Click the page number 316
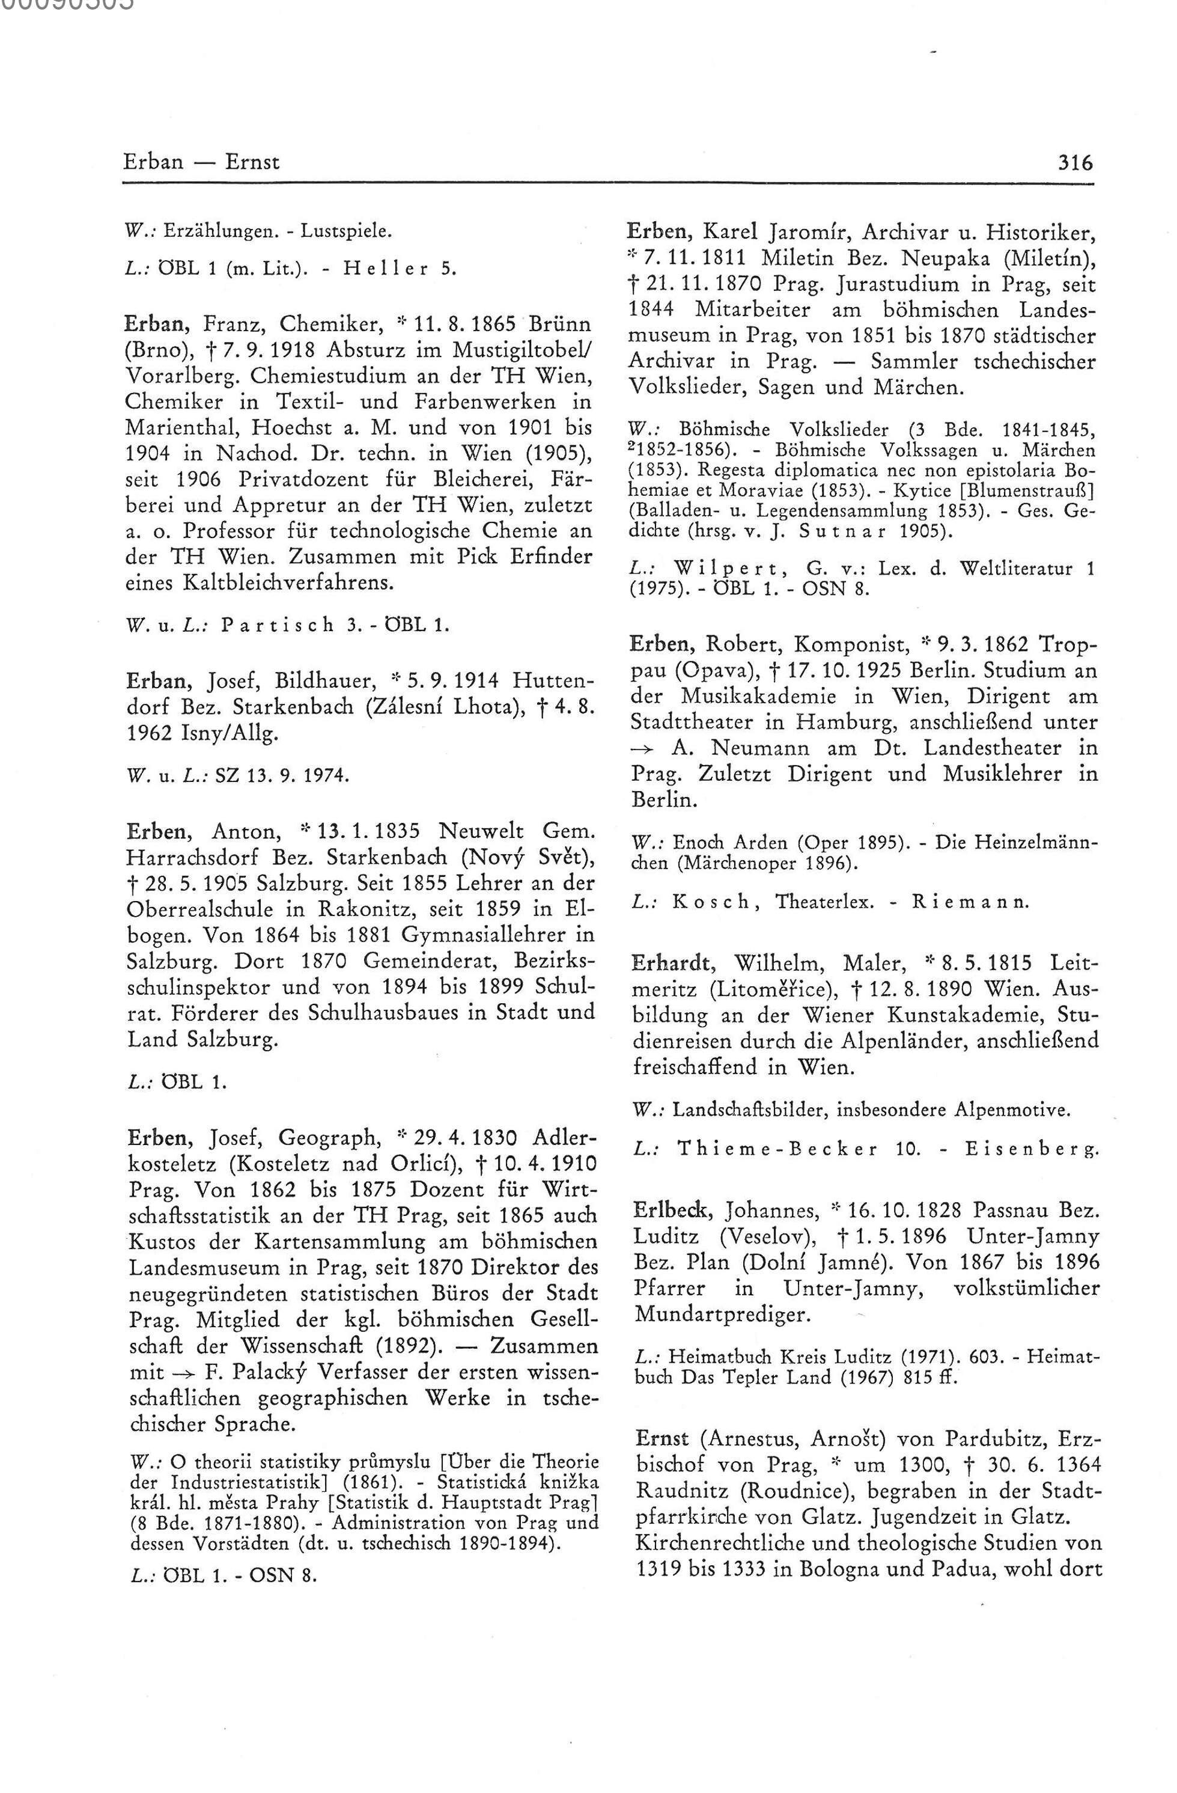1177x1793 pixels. tap(1075, 162)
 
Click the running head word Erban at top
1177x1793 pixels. tap(153, 162)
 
